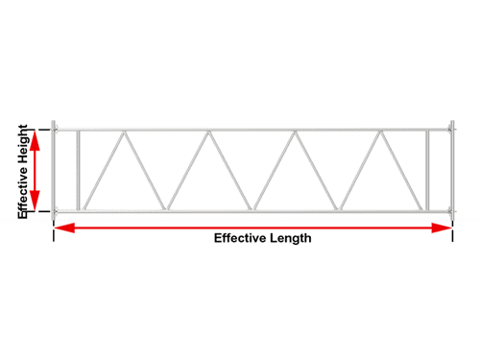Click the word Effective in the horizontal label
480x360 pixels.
click(241, 238)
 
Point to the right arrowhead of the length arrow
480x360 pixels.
click(443, 228)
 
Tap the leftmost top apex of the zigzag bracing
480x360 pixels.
click(120, 133)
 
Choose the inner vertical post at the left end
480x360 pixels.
click(78, 170)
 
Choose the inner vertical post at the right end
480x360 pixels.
click(426, 170)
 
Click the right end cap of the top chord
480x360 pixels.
click(451, 127)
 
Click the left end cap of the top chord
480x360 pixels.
click(55, 127)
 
